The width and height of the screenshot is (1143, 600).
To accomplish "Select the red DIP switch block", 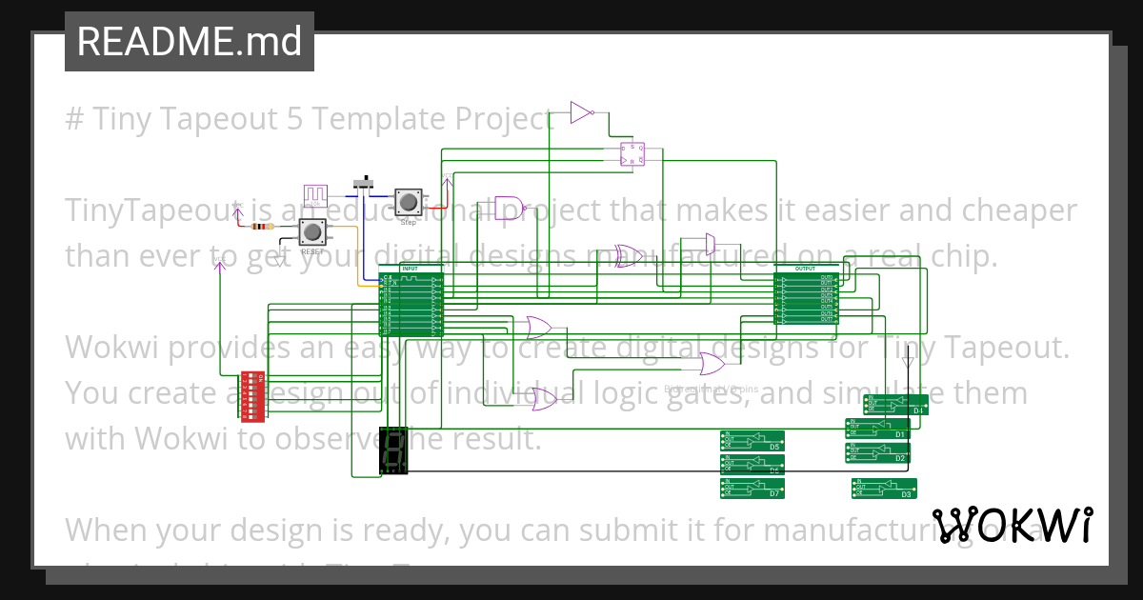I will coord(252,396).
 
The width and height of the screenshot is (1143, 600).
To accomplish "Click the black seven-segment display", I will coord(393,451).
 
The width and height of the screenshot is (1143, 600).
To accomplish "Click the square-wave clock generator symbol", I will coord(314,195).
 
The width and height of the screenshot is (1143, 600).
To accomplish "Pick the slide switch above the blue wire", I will coord(364,183).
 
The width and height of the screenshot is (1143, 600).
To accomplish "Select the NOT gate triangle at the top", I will coord(581,113).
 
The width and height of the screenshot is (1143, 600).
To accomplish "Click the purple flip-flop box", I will coord(632,153).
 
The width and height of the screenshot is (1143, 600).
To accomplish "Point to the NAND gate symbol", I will coord(509,208).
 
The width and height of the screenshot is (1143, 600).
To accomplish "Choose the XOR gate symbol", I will coord(628,254).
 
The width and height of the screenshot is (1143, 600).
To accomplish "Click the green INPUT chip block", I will coord(411,302).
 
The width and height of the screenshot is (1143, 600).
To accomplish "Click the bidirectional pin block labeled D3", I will coord(884,488).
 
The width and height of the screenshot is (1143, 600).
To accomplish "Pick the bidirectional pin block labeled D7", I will coord(752,488).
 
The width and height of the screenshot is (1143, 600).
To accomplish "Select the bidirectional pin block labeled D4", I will coord(895,404).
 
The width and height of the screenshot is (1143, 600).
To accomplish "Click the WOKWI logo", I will coord(1012,525).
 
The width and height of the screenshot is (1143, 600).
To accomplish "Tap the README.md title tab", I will coord(189,41).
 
